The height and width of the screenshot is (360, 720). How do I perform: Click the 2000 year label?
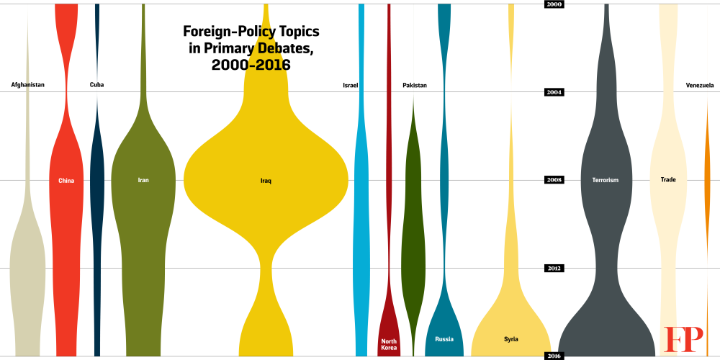coord(554,4)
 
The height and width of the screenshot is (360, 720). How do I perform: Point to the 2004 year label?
coord(554,92)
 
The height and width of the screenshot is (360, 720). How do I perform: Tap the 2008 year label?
coord(554,180)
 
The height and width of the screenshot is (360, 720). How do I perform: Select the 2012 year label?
coord(554,269)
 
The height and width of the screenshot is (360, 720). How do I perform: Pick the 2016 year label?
coord(554,356)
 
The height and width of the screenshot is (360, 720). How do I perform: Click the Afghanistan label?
coord(28,85)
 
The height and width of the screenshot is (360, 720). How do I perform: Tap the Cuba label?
coord(96,85)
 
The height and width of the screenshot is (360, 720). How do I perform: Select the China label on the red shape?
coord(66,181)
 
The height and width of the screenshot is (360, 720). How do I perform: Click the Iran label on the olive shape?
coord(143,180)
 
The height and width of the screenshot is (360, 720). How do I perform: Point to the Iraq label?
coord(266,181)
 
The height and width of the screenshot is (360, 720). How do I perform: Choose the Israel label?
coord(351,86)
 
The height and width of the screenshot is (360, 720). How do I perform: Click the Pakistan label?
coord(415,86)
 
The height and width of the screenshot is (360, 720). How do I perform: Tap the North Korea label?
coord(389,344)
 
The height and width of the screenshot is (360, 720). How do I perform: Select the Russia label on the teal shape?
coord(444,339)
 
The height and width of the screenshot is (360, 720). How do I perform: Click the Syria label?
coord(511,339)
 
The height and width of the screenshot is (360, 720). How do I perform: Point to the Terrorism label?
coord(605,180)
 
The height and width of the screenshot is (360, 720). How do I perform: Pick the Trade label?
coord(668,179)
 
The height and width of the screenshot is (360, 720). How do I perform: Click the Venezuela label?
coord(700,86)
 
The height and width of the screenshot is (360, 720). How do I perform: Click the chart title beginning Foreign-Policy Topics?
coord(251,48)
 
